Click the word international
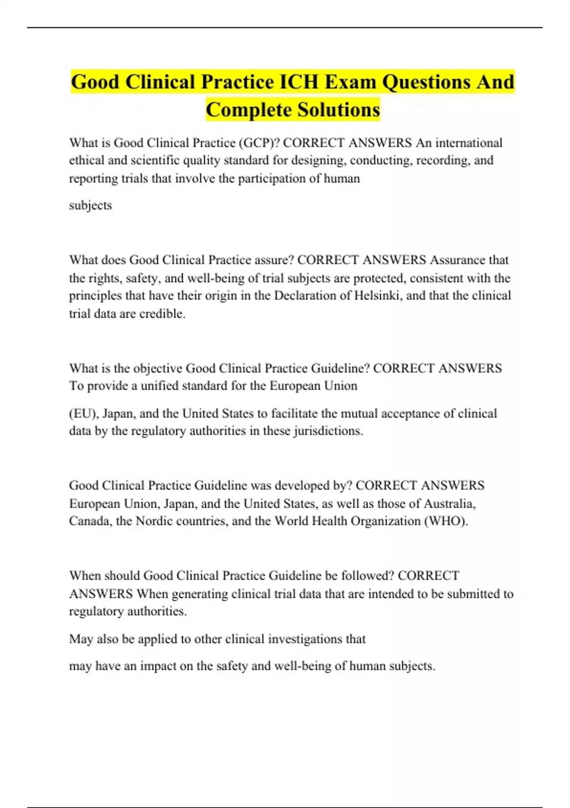click(x=469, y=143)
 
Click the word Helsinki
click(x=378, y=296)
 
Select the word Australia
click(x=450, y=503)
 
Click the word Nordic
click(x=154, y=521)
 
